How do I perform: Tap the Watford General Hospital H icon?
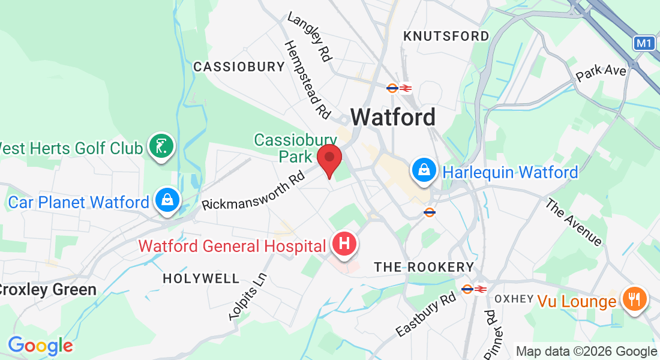tap(344, 244)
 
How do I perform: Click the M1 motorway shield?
tap(644, 43)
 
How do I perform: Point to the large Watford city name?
tap(393, 117)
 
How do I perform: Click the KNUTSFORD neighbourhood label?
tap(446, 36)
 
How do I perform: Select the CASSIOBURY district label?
tap(239, 67)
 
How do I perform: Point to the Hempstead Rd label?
tap(307, 79)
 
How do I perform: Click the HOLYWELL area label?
tap(201, 278)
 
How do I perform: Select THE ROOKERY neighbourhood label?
tap(424, 267)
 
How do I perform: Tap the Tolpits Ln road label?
tap(248, 296)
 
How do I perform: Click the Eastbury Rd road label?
tap(426, 315)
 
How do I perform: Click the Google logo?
tap(40, 346)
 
